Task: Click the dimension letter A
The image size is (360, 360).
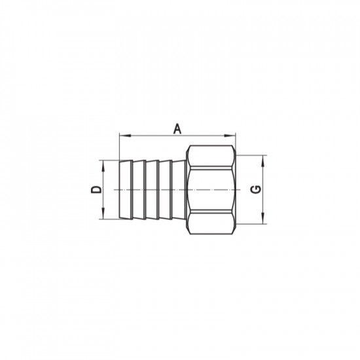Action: (x=177, y=129)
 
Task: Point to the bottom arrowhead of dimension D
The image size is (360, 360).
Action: (x=104, y=217)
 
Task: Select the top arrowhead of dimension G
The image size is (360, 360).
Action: (x=264, y=158)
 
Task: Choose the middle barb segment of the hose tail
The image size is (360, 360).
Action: (x=152, y=189)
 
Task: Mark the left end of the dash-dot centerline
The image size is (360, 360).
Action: (x=113, y=189)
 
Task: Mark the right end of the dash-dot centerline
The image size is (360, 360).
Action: (x=243, y=189)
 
